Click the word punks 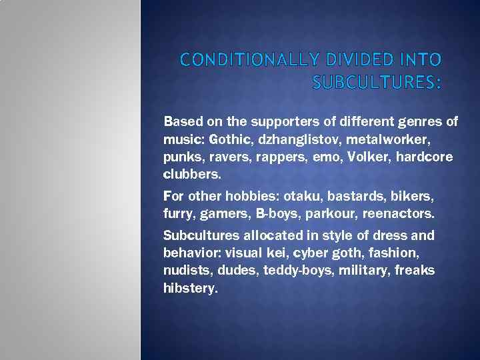click(x=179, y=157)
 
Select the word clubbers click(x=190, y=174)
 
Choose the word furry click(x=177, y=214)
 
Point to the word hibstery click(x=190, y=289)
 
